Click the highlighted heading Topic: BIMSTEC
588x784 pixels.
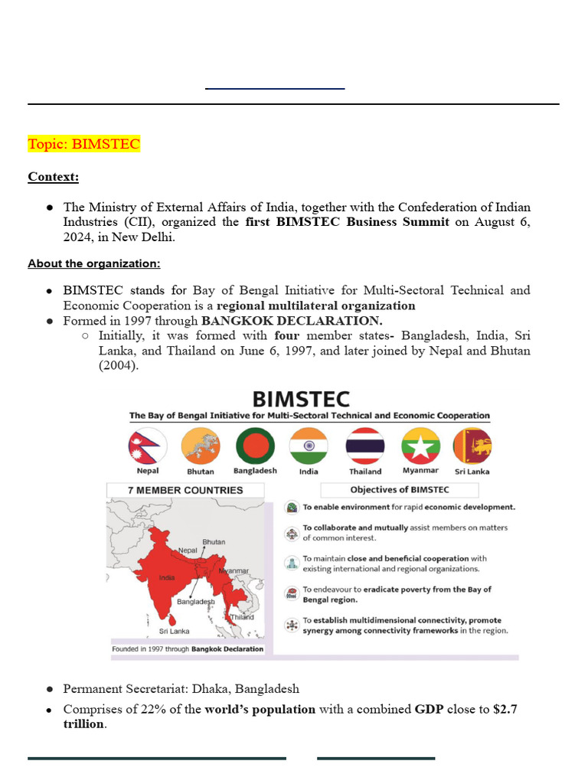click(84, 145)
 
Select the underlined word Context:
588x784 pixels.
click(54, 177)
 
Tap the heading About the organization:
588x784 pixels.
click(94, 264)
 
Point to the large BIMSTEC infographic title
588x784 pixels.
click(301, 399)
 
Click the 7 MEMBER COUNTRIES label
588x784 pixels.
click(186, 490)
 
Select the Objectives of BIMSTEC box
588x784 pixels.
click(399, 490)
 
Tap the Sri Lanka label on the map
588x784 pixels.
click(174, 632)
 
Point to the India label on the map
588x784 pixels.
click(167, 578)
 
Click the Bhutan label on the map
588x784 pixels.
click(214, 542)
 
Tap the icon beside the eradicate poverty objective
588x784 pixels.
click(291, 593)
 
